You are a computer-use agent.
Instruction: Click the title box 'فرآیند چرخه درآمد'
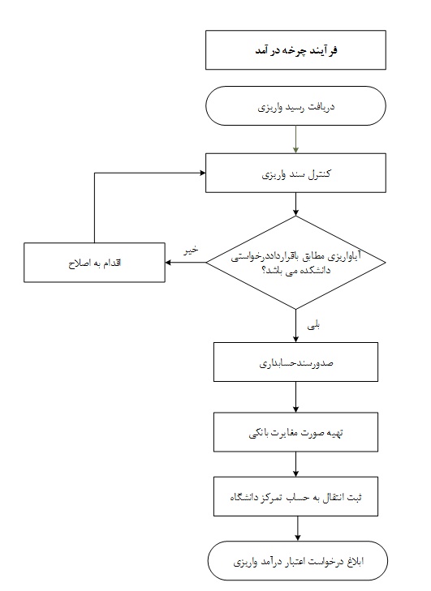[295, 49]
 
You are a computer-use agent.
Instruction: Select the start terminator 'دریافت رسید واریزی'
[295, 106]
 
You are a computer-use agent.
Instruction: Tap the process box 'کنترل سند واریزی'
[295, 173]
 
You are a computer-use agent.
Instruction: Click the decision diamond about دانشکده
[295, 263]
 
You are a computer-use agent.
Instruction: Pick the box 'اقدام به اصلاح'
[94, 263]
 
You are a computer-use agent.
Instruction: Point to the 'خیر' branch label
[191, 250]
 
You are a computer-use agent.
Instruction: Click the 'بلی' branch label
[313, 325]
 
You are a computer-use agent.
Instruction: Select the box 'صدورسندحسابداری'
[295, 362]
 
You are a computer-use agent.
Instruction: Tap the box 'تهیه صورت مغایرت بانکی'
[295, 432]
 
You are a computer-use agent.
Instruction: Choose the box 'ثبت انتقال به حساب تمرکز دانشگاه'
[295, 496]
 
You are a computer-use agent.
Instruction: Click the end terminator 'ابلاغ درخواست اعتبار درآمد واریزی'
[297, 561]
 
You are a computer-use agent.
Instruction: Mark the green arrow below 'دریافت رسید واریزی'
[295, 139]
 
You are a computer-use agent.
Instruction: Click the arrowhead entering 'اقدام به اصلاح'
[168, 263]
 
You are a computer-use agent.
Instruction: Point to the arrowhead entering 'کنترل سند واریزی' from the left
[203, 173]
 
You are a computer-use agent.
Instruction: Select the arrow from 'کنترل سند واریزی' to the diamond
[295, 204]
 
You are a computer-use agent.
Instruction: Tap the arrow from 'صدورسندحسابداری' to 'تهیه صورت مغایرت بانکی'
[295, 397]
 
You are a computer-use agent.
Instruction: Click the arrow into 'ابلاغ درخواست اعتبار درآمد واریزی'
[298, 529]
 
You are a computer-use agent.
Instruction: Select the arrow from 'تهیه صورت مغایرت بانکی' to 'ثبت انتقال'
[295, 465]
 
